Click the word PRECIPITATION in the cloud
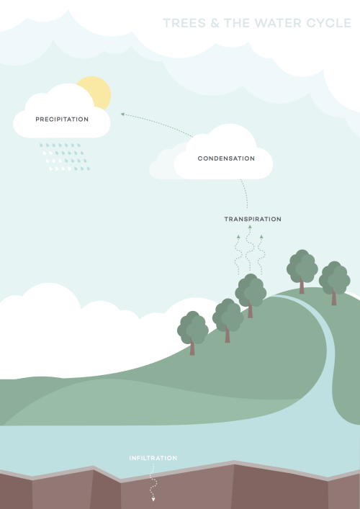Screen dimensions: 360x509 coord(62,119)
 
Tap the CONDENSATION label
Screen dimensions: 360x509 coord(226,158)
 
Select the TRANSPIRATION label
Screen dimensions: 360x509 coord(253,219)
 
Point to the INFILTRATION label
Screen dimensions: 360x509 coord(153,458)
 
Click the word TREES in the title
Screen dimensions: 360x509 coord(184,23)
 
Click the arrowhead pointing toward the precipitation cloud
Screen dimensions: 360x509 coord(122,114)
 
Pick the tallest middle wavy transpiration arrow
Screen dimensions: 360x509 coord(249,248)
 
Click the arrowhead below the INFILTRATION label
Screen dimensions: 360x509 coord(153,499)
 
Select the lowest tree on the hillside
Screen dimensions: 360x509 coord(192,333)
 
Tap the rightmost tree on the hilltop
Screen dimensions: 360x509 coord(334,283)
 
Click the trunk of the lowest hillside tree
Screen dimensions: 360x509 coord(192,347)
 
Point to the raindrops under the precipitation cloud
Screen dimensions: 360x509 coord(65,157)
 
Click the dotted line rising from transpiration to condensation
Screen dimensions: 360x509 coord(245,193)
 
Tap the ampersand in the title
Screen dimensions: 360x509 coord(215,23)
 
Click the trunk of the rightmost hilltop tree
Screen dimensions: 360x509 coord(334,297)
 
